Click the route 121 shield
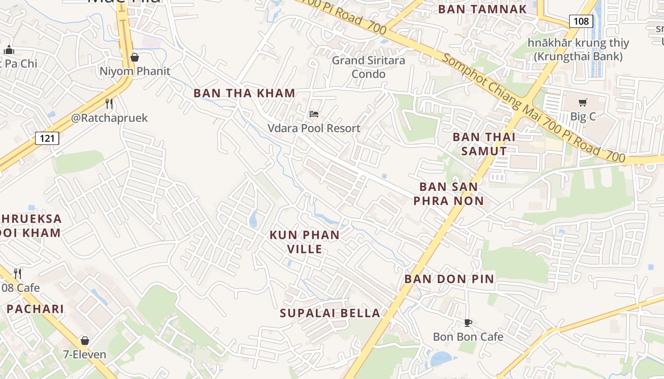47,138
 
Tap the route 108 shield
581,21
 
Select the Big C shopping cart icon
583,102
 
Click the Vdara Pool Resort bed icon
314,114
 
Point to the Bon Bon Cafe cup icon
468,323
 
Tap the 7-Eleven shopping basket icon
85,341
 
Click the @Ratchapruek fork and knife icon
109,104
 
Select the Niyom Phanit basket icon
135,57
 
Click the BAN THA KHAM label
244,93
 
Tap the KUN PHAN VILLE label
304,242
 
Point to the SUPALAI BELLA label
330,313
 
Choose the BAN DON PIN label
449,279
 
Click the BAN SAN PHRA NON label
449,194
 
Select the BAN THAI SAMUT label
484,144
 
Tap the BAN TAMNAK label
482,9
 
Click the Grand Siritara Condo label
369,67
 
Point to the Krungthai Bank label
578,50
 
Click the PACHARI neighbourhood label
35,309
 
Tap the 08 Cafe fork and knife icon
18,273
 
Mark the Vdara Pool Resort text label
314,128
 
